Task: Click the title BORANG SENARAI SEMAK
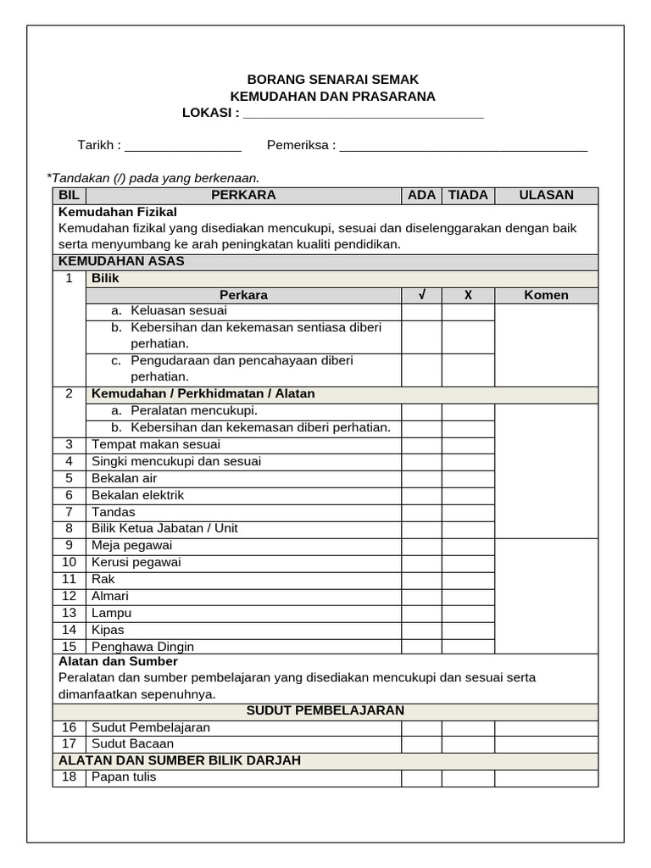tap(333, 79)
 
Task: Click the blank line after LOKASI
tap(363, 114)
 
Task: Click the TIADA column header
tap(468, 195)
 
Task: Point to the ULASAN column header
tap(546, 195)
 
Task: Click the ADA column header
tap(421, 195)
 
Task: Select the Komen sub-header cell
tap(546, 295)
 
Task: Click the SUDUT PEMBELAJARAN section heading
tap(325, 710)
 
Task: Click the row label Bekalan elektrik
tap(137, 495)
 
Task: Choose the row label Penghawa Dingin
tap(142, 646)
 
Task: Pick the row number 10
tap(70, 562)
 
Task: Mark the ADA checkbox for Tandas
tap(421, 512)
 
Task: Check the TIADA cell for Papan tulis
tap(468, 777)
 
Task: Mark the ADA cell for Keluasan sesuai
tap(421, 311)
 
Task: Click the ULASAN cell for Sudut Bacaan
tap(546, 744)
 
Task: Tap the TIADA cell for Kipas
tap(468, 630)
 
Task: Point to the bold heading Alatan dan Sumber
tap(118, 661)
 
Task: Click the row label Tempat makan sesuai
tap(156, 444)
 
